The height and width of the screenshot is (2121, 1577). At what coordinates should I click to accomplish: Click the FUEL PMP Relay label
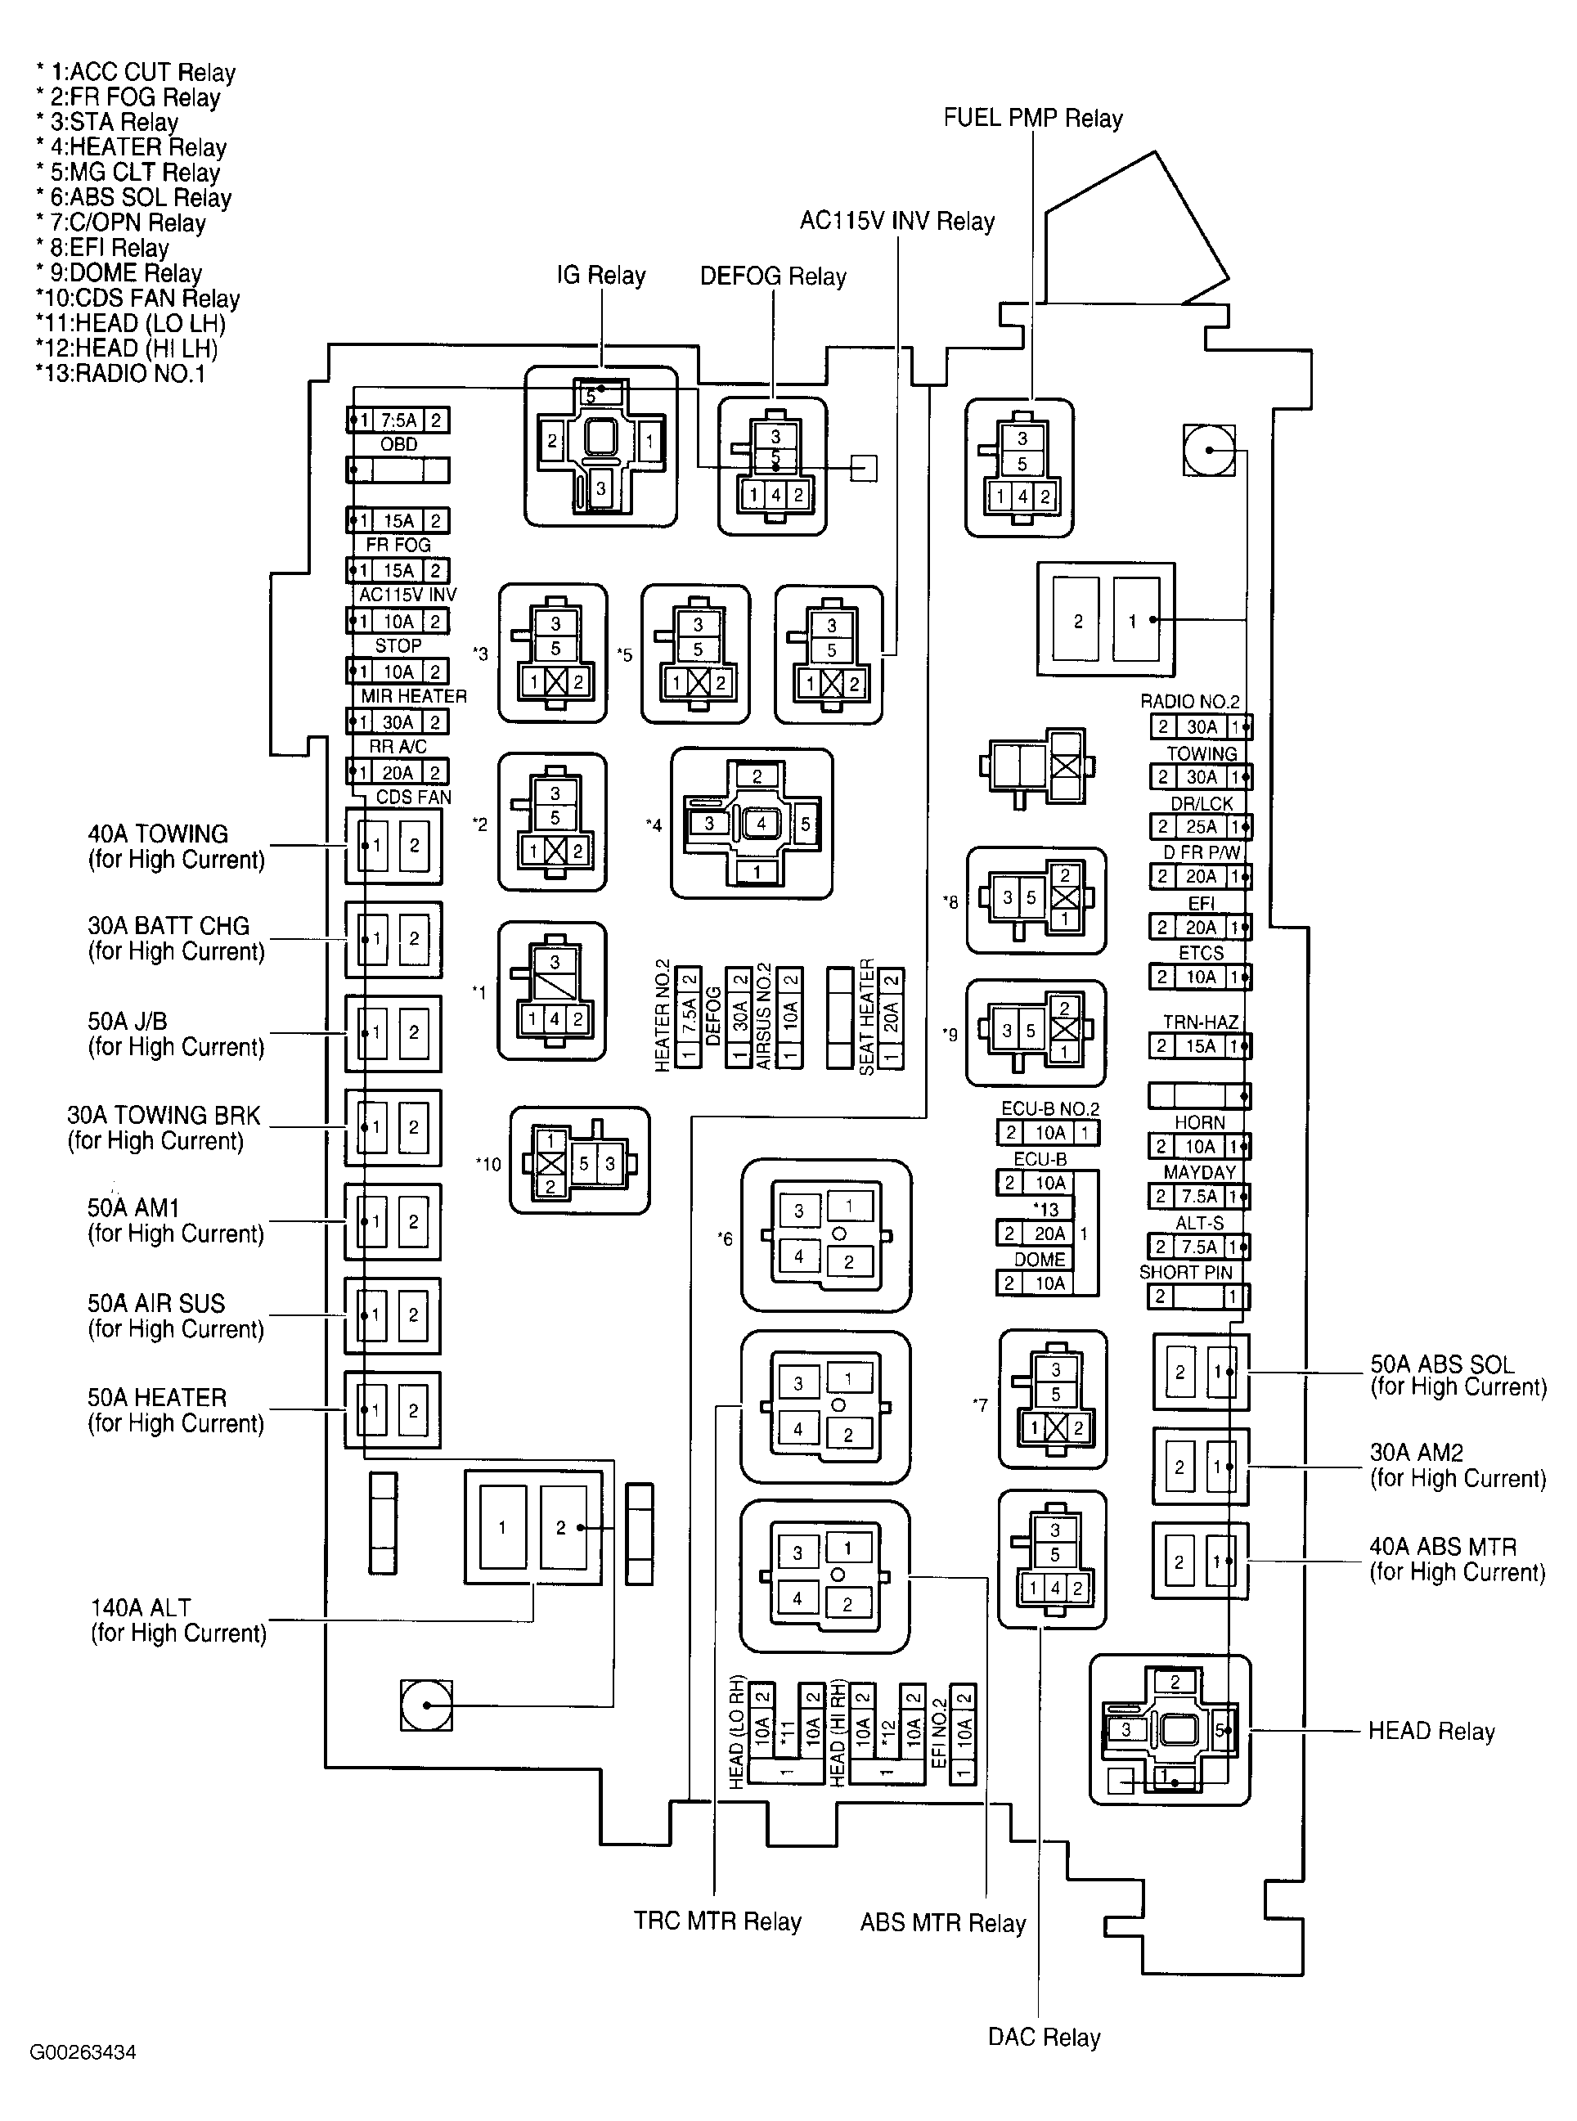[x=1032, y=119]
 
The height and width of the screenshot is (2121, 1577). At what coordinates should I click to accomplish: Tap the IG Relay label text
[x=600, y=276]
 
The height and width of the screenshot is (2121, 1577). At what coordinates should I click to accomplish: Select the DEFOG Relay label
[x=772, y=276]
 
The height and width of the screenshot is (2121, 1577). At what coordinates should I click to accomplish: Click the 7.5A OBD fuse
[x=398, y=420]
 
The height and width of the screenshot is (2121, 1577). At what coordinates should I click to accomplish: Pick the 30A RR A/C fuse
[x=398, y=721]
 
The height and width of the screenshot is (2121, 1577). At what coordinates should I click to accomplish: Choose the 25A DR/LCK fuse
[x=1200, y=827]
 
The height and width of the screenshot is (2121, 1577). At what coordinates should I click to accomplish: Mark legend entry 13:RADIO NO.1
[x=120, y=373]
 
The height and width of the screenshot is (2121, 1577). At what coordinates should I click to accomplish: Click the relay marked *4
[x=753, y=824]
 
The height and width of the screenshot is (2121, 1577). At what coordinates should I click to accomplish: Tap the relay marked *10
[x=579, y=1162]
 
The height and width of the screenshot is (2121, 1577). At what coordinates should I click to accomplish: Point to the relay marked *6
[x=826, y=1236]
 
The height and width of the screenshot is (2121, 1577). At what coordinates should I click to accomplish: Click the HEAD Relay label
[x=1430, y=1731]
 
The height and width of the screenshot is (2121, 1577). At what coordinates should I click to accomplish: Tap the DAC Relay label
[x=1044, y=2037]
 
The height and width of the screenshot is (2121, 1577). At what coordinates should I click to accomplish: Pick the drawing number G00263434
[x=83, y=2052]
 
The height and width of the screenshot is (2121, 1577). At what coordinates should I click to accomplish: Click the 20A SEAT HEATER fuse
[x=890, y=1018]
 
